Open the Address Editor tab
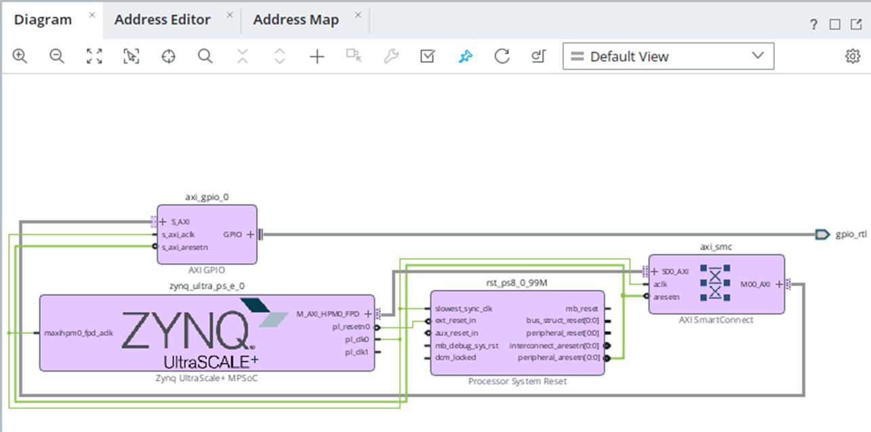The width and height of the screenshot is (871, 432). pyautogui.click(x=162, y=20)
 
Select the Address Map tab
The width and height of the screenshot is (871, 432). pyautogui.click(x=296, y=20)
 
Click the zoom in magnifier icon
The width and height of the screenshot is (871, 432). pyautogui.click(x=20, y=56)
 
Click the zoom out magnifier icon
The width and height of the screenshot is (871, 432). pyautogui.click(x=57, y=56)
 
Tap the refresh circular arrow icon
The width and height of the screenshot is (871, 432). pyautogui.click(x=502, y=56)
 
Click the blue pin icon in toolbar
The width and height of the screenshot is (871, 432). pyautogui.click(x=465, y=56)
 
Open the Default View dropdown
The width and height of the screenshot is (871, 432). pyautogui.click(x=668, y=56)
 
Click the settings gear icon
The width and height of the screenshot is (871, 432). pyautogui.click(x=853, y=56)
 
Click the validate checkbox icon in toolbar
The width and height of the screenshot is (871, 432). pyautogui.click(x=427, y=56)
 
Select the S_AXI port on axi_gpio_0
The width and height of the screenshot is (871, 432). pyautogui.click(x=180, y=222)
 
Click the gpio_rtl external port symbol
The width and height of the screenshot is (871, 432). pyautogui.click(x=822, y=234)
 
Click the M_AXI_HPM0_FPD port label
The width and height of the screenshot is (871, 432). pyautogui.click(x=328, y=314)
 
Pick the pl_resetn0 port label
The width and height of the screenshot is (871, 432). pyautogui.click(x=350, y=327)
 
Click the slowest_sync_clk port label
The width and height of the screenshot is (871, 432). pyautogui.click(x=464, y=309)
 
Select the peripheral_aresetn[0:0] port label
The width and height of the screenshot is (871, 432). pyautogui.click(x=559, y=358)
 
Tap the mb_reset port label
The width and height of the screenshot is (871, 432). pyautogui.click(x=582, y=309)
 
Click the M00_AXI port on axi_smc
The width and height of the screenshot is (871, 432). pyautogui.click(x=755, y=284)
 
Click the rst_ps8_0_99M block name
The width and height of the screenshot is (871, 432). pyautogui.click(x=516, y=283)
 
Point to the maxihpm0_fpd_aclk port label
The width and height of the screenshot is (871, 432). pyautogui.click(x=79, y=333)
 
